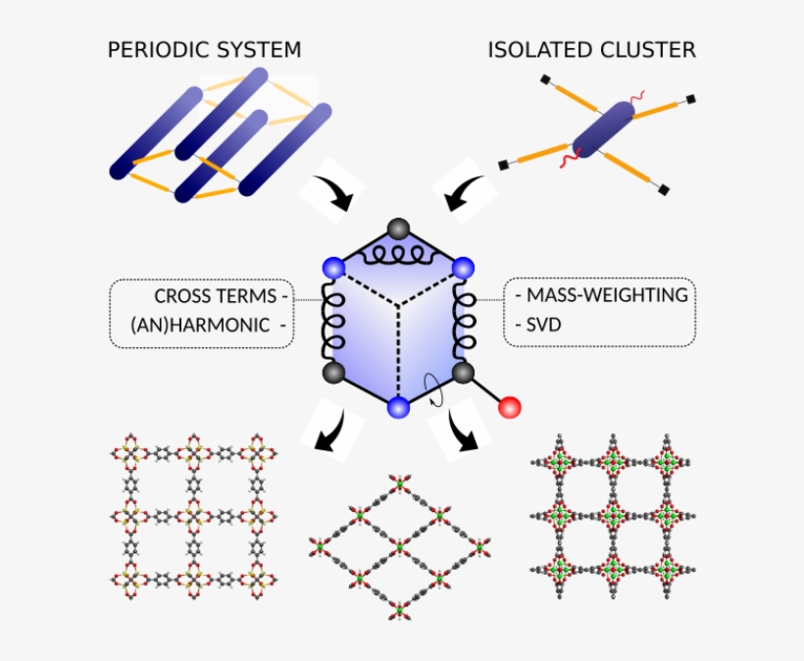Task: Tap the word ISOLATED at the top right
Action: [538, 49]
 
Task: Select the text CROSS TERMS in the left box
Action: [215, 295]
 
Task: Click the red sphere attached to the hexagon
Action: [510, 407]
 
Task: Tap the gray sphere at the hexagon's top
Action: [398, 229]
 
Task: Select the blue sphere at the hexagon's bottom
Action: [398, 408]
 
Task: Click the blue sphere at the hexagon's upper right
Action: [463, 267]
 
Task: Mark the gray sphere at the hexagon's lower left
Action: [333, 372]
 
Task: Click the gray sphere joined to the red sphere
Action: [464, 372]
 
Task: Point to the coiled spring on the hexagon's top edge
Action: [398, 257]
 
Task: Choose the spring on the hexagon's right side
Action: [465, 319]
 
